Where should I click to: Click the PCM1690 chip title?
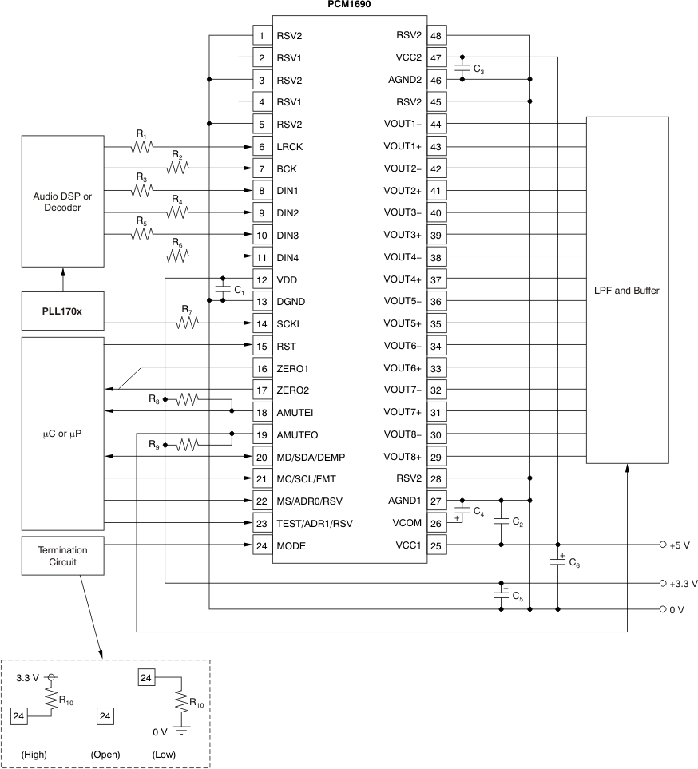[348, 4]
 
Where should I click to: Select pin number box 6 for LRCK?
[261, 147]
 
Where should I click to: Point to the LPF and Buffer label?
[627, 291]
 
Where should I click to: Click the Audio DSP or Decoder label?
[62, 201]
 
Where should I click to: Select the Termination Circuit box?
[62, 556]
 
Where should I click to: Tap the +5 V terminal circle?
[663, 545]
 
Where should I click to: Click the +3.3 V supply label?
[685, 584]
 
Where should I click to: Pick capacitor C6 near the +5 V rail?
[557, 562]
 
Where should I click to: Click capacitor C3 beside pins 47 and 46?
[462, 69]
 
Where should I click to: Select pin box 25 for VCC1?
[436, 545]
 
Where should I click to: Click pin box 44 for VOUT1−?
[436, 125]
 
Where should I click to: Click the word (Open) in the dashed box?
[105, 754]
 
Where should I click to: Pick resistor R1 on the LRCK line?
[142, 147]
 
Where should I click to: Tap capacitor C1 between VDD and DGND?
[222, 291]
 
